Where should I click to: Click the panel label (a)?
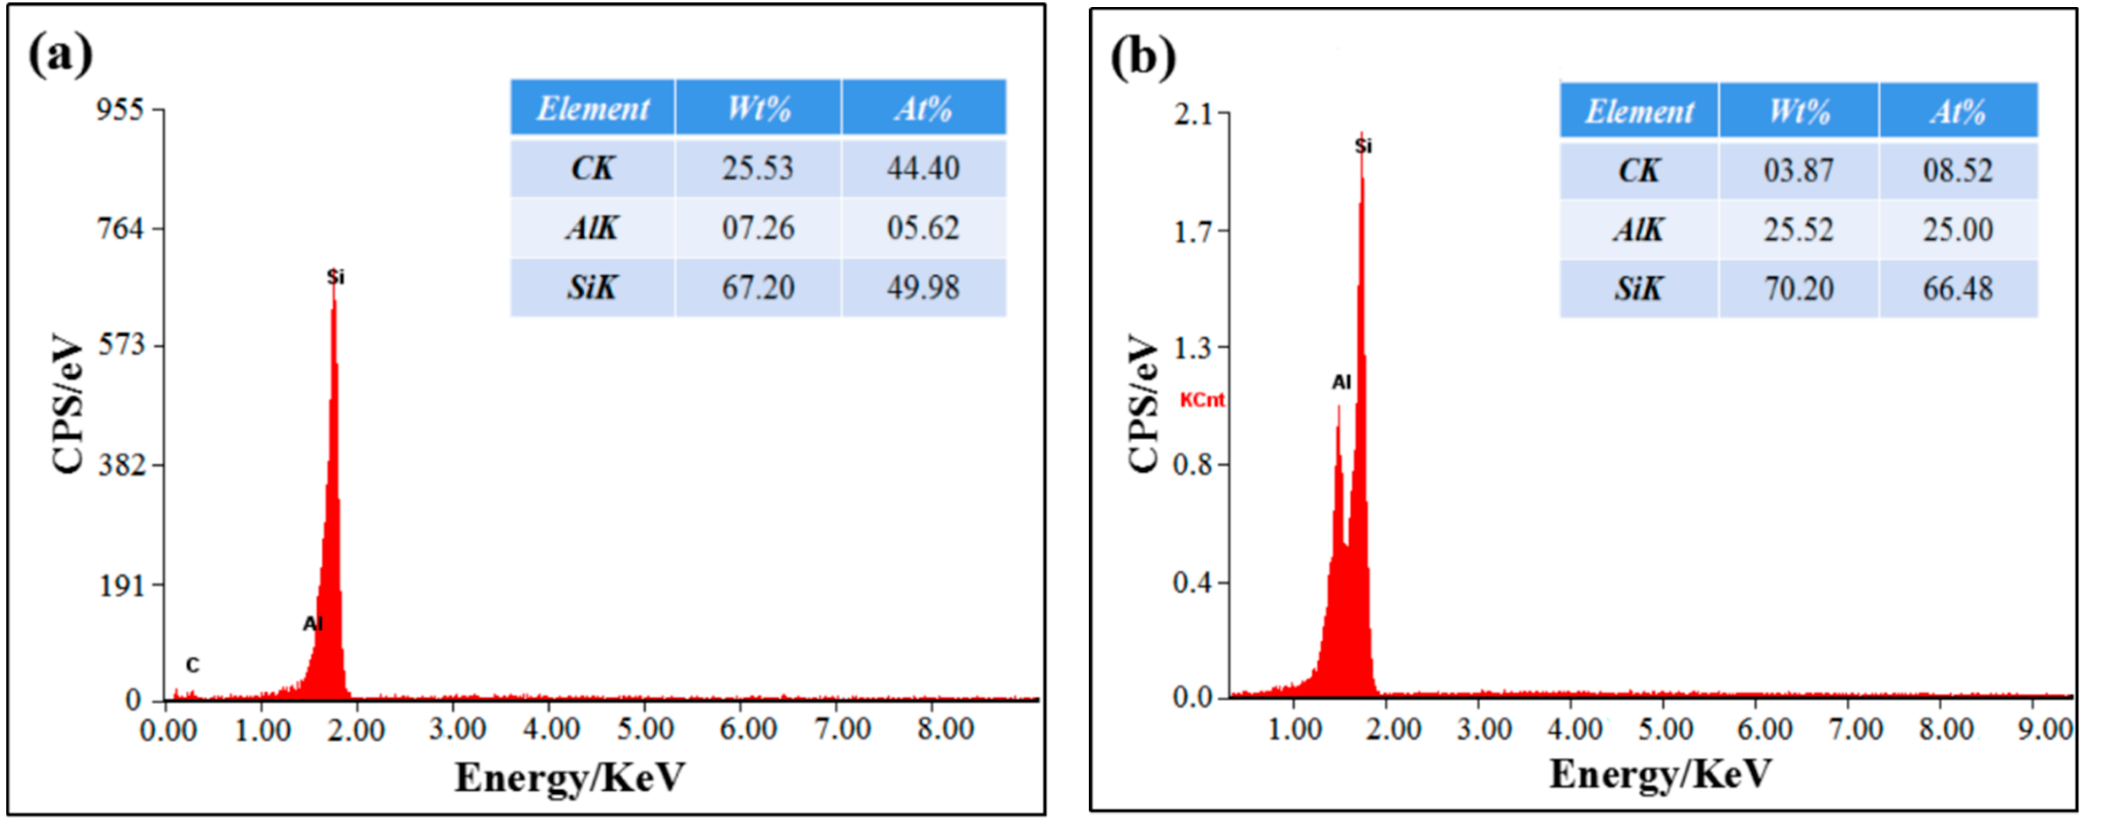tap(60, 55)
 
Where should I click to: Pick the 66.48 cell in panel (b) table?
tap(1957, 289)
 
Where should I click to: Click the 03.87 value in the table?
tap(1799, 170)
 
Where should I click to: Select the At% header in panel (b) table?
tap(1957, 112)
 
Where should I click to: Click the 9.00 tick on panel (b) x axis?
tap(2045, 728)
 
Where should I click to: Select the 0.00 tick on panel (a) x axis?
tap(168, 729)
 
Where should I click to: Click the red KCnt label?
tap(1202, 400)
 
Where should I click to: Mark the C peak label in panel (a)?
tap(192, 666)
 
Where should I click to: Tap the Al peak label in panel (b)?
tap(1341, 382)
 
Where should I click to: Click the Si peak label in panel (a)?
tap(335, 278)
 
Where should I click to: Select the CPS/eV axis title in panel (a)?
tap(68, 403)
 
